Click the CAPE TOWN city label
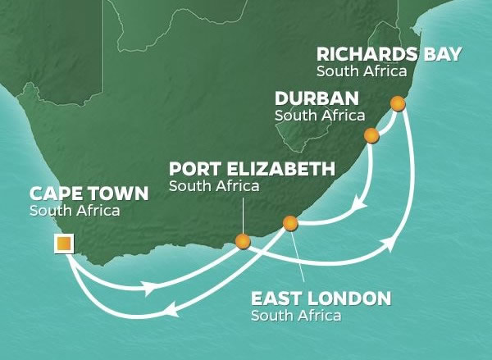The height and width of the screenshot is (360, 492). (89, 195)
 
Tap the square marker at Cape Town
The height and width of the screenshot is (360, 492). (63, 243)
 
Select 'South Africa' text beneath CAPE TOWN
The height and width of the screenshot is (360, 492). (75, 212)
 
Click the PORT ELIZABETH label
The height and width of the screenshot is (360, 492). (252, 169)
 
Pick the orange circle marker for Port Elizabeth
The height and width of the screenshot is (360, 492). (242, 241)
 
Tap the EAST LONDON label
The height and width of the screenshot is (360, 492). (321, 298)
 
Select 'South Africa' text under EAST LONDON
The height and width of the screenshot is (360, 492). (296, 315)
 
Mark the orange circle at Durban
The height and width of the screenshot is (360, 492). (371, 135)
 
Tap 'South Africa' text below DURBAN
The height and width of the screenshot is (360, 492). (320, 115)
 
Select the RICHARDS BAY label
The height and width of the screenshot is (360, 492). (389, 55)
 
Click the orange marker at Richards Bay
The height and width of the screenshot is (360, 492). (398, 103)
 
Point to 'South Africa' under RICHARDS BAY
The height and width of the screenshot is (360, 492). (362, 71)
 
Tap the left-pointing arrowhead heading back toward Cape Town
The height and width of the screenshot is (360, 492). (171, 309)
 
